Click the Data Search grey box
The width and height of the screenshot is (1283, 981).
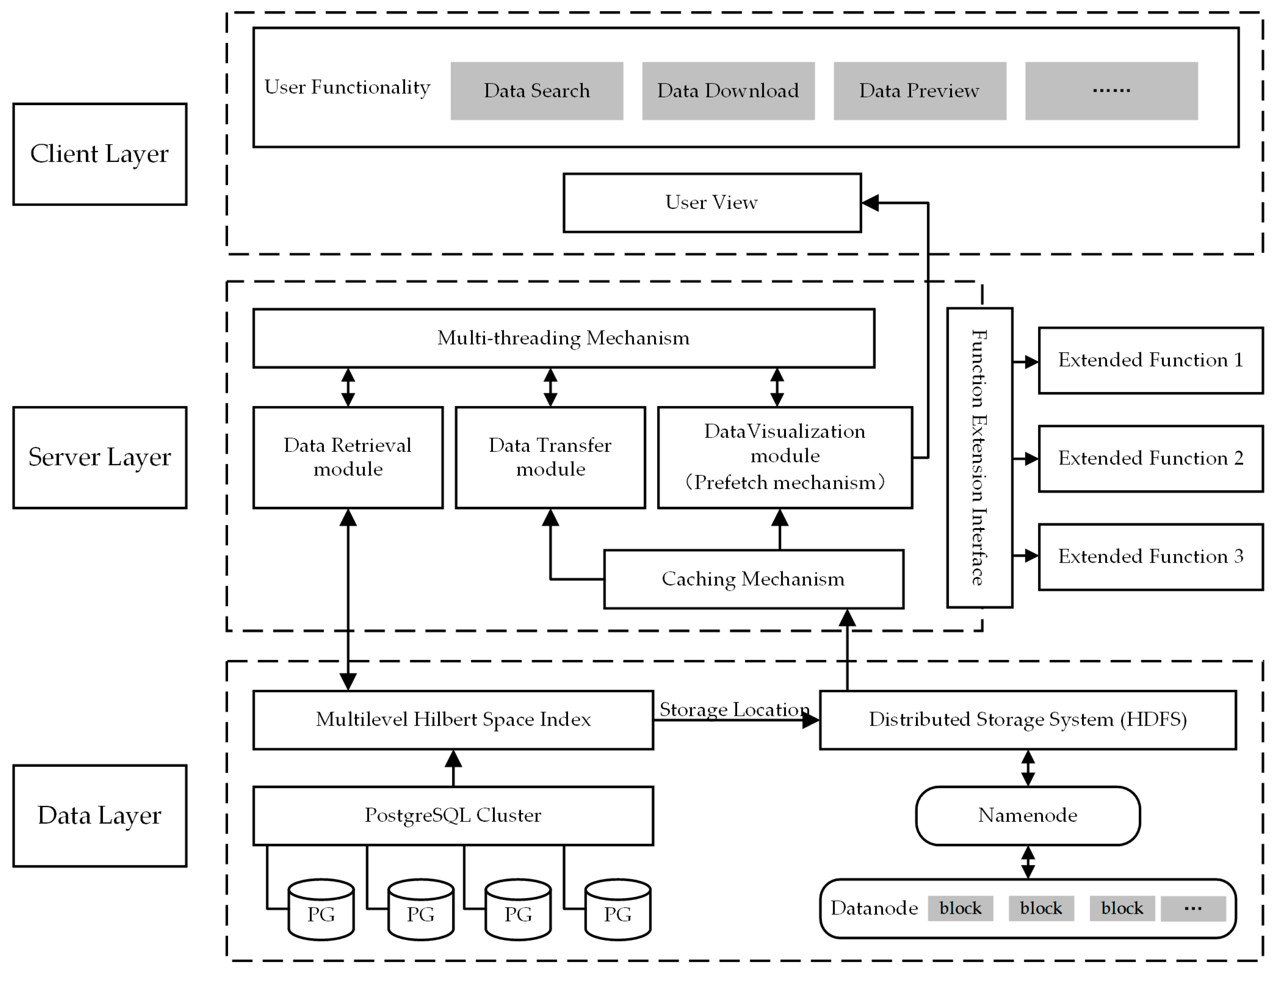point(536,91)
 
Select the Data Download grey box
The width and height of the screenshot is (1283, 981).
point(728,91)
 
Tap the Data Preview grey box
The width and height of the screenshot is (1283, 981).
point(919,91)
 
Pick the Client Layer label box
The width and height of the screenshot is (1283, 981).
point(100,154)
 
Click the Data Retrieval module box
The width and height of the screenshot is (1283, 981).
point(348,457)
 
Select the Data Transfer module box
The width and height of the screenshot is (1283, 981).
point(550,457)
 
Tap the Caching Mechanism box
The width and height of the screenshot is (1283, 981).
point(753,579)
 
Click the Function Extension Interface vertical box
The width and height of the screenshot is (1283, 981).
point(979,458)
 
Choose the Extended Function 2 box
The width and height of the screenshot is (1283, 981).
point(1150,458)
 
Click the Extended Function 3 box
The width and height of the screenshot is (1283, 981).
point(1150,557)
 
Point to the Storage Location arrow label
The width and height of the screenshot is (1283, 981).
point(734,709)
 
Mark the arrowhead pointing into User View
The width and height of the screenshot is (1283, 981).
point(870,203)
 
